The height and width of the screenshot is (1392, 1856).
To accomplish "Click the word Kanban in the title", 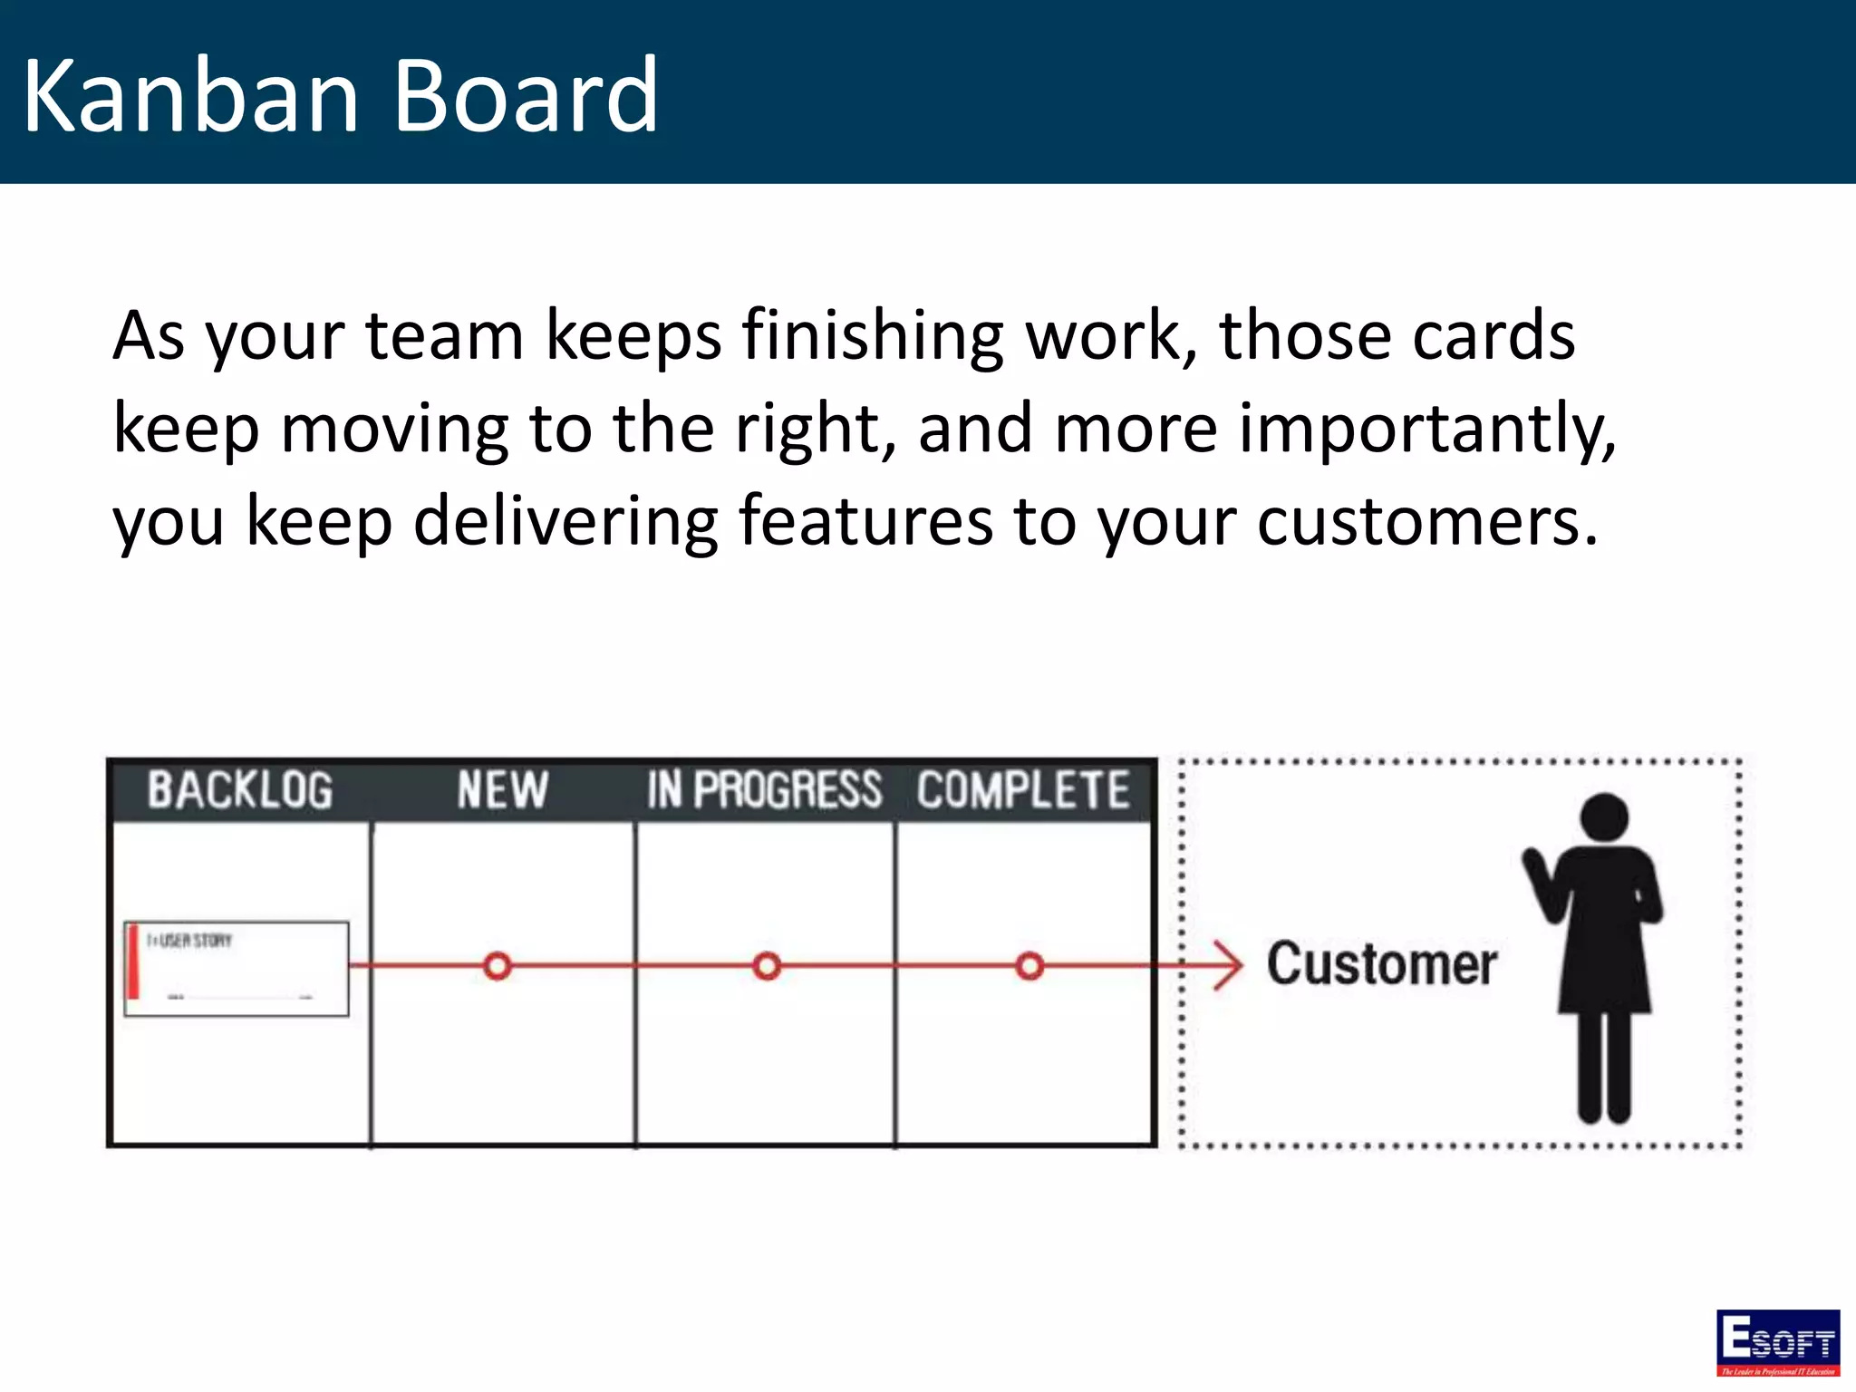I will point(190,95).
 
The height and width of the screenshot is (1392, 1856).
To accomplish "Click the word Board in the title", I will point(526,95).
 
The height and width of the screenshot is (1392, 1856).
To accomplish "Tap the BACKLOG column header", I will point(240,789).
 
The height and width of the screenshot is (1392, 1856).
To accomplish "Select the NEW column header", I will point(502,789).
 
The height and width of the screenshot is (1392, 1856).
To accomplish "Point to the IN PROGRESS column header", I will point(764,789).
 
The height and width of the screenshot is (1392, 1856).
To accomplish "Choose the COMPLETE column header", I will point(1023,789).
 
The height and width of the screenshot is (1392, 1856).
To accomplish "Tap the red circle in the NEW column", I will point(498,966).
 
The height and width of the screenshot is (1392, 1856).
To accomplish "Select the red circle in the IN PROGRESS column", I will point(767,966).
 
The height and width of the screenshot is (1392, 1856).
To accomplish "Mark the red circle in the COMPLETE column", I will point(1029,966).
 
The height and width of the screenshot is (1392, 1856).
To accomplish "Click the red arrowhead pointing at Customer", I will point(1230,966).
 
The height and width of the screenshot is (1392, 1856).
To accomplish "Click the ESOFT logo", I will point(1777,1342).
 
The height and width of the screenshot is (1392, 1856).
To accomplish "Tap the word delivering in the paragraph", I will point(565,523).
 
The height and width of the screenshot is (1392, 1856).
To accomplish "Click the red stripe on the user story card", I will point(134,962).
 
